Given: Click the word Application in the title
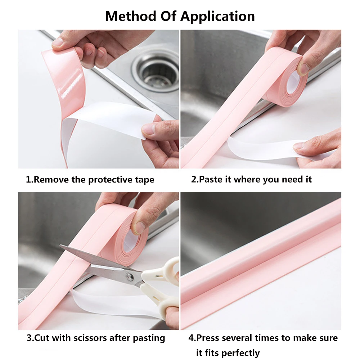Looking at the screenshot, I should (217, 17).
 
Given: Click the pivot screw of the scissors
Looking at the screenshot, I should (130, 276).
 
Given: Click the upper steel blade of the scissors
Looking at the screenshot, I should (94, 259).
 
